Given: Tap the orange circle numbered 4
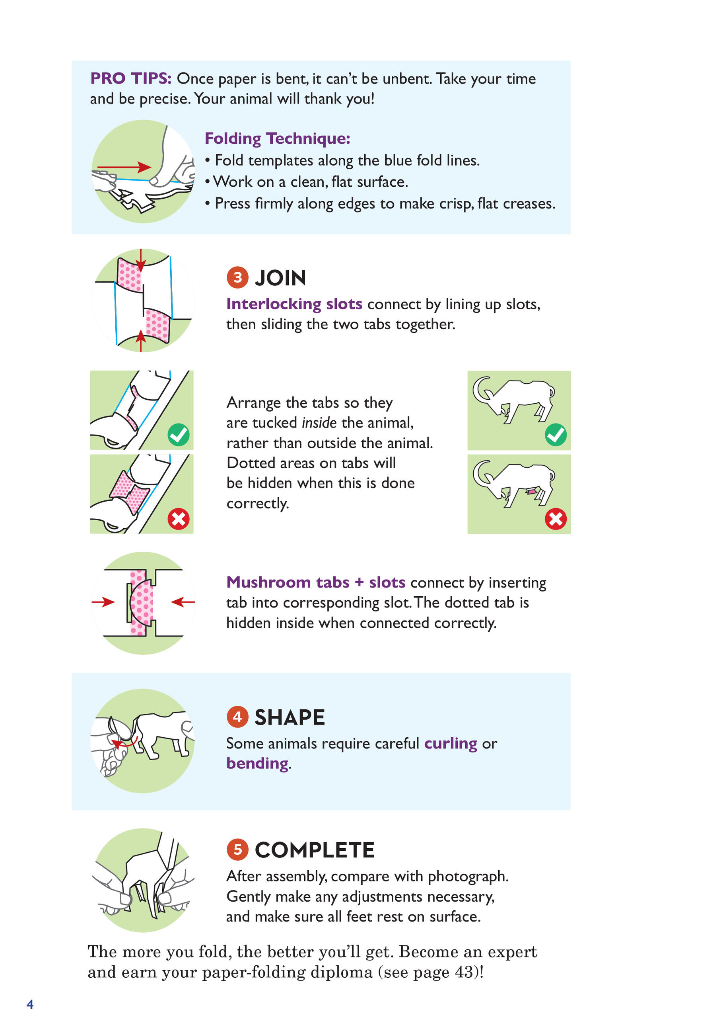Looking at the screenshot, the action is [237, 717].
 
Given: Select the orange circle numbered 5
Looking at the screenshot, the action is [237, 850].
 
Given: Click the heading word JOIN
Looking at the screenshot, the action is [280, 278].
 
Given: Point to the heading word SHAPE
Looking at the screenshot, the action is [290, 717].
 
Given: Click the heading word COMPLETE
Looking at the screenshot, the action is [315, 850].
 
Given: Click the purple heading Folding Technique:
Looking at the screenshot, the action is [278, 139].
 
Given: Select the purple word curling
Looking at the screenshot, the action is [451, 744].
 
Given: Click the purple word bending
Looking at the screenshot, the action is [257, 764].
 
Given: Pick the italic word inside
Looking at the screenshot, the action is [319, 422].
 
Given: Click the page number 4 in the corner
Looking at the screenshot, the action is [30, 1004].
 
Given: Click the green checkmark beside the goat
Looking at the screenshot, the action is [556, 435].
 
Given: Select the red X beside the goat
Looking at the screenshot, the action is [556, 519].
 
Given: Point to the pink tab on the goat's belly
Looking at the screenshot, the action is [532, 491].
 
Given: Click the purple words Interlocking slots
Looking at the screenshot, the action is [294, 304].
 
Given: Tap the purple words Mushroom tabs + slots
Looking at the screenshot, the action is [316, 582].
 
